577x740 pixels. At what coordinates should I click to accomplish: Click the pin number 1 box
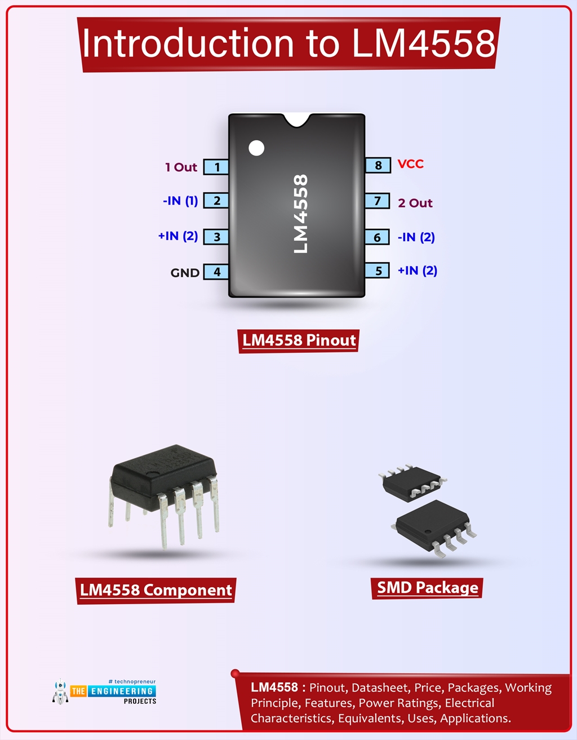[x=216, y=167]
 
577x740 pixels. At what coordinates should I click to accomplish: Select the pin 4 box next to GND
[x=216, y=272]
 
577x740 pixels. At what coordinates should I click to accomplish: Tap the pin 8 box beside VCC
[x=378, y=165]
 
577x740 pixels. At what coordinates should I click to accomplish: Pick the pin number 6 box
[x=377, y=237]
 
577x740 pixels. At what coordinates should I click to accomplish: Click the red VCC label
[x=410, y=164]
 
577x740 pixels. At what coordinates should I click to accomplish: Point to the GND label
[x=185, y=273]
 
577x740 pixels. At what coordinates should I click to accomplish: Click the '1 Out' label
[x=181, y=167]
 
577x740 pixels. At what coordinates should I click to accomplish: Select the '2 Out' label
[x=415, y=203]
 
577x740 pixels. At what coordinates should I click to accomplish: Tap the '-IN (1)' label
[x=180, y=201]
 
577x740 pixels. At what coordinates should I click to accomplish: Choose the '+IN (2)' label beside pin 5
[x=417, y=271]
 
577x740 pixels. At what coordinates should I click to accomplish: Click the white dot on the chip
[x=256, y=148]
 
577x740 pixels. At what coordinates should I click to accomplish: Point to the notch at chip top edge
[x=296, y=119]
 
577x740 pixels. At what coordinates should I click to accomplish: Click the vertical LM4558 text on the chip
[x=301, y=214]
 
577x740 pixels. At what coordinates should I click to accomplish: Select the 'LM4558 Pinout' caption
[x=299, y=340]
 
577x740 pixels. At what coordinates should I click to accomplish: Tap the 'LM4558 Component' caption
[x=156, y=590]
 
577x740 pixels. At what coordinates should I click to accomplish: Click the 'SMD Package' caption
[x=427, y=587]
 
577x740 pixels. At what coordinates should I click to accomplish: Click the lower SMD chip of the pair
[x=433, y=525]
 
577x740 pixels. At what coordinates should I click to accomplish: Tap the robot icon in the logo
[x=60, y=692]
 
